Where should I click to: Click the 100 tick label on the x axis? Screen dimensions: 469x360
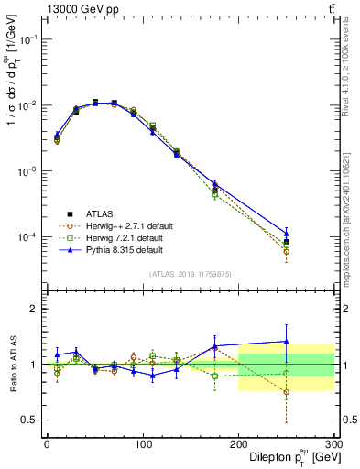tap(142, 443)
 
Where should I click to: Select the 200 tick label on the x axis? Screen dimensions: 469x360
tap(238, 443)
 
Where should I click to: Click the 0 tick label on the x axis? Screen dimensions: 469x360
tap(47, 443)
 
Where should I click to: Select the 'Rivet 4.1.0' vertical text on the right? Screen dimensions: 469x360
tap(351, 92)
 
